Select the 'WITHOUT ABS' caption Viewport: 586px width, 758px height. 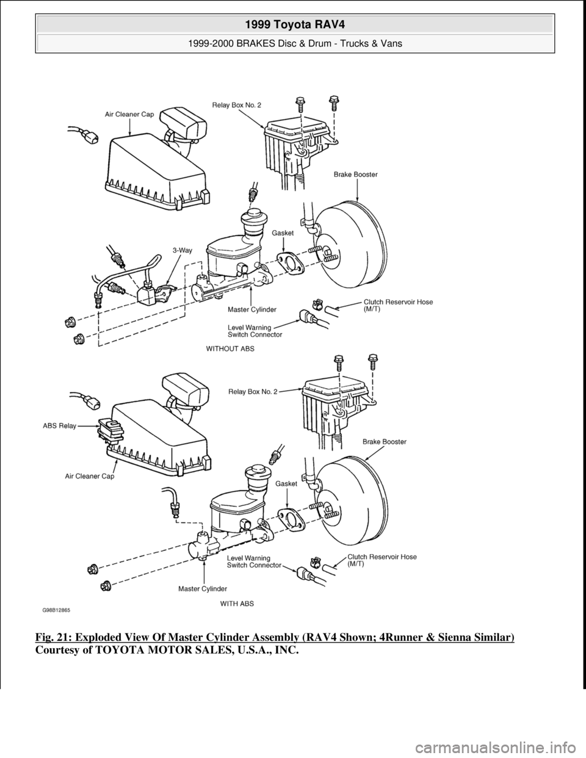pyautogui.click(x=230, y=349)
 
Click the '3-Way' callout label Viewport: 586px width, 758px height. pyautogui.click(x=183, y=250)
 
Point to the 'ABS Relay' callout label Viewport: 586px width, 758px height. pyautogui.click(x=59, y=427)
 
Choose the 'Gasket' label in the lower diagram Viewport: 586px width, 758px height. pyautogui.click(x=286, y=483)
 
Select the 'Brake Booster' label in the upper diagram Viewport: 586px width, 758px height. pyautogui.click(x=356, y=174)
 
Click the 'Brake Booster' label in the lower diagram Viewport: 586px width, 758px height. pyautogui.click(x=385, y=441)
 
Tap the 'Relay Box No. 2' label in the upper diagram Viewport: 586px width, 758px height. pyautogui.click(x=236, y=105)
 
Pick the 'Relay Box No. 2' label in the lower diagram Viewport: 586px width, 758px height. pyautogui.click(x=252, y=392)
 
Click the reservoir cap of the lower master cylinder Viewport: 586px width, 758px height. pyautogui.click(x=253, y=472)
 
